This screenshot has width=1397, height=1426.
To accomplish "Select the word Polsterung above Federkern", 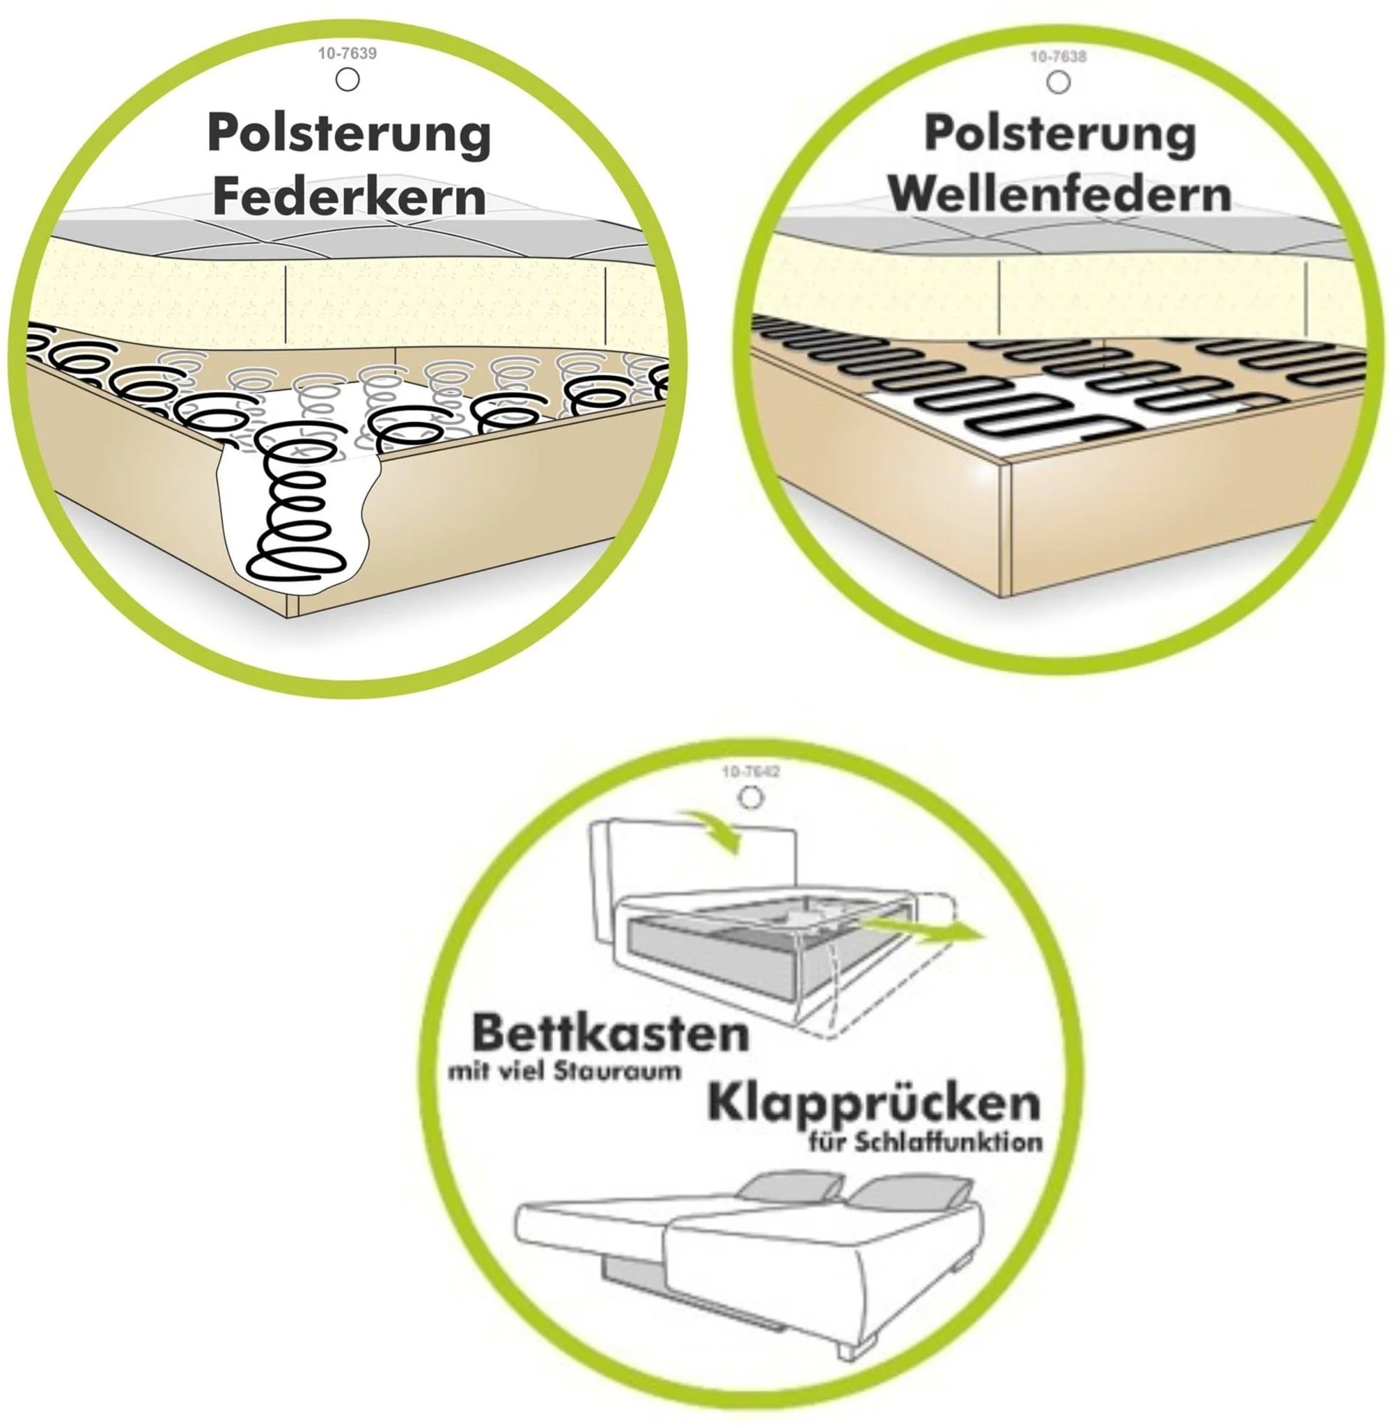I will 350,134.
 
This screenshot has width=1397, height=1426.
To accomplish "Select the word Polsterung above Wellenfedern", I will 1059,134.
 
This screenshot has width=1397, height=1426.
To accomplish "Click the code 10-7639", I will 347,54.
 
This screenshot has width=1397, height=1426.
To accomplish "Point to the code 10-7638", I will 1058,56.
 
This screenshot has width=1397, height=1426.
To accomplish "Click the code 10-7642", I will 750,772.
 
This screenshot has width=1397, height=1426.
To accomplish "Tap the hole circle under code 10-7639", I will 347,79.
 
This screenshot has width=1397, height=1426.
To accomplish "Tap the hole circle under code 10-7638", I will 1058,83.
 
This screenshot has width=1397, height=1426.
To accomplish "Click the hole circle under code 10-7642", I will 750,797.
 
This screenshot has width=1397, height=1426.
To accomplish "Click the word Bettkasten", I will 611,1034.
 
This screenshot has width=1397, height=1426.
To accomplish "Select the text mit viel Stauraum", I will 563,1072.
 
